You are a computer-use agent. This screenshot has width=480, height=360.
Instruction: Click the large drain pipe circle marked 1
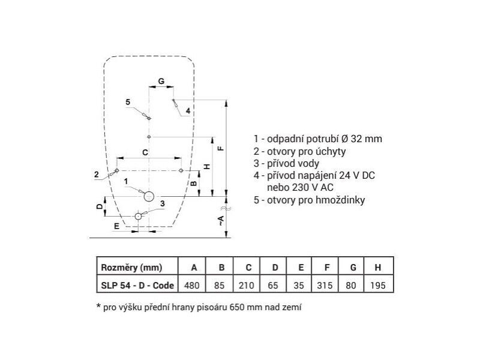tap(149, 196)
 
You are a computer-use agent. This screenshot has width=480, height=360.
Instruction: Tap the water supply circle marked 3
tap(139, 216)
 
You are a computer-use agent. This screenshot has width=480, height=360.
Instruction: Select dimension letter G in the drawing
tap(161, 81)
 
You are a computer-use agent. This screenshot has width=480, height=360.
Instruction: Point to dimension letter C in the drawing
tap(145, 152)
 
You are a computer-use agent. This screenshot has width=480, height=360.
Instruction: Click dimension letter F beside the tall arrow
tap(220, 148)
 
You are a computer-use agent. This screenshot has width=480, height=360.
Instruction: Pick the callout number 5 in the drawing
tap(128, 102)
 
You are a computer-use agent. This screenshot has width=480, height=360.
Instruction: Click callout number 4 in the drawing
tap(188, 110)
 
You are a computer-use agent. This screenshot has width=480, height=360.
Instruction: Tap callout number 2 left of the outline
tap(97, 174)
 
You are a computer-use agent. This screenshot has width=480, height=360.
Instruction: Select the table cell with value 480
tap(192, 286)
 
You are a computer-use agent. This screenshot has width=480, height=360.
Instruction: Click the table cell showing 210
tap(247, 286)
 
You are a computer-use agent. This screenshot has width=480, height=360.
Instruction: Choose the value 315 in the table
tap(325, 286)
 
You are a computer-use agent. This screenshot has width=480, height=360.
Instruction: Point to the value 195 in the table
tap(378, 286)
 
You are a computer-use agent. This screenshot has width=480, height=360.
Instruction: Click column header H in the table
tap(378, 268)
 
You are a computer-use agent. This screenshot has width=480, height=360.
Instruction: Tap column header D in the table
tap(275, 268)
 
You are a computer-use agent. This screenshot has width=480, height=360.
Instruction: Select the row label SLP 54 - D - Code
tap(137, 286)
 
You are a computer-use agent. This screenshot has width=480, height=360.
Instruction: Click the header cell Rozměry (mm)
tap(131, 268)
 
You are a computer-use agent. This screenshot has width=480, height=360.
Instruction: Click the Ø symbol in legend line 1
tap(344, 139)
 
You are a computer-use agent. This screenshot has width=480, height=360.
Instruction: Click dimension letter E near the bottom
tap(116, 226)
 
